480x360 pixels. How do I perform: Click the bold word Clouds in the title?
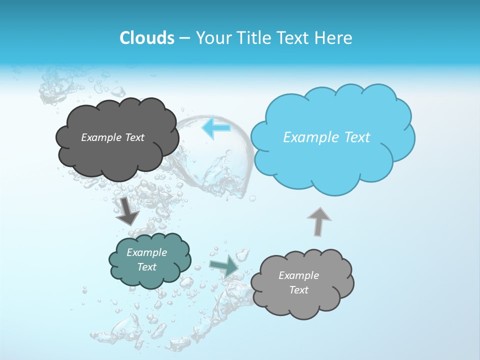pos(146,38)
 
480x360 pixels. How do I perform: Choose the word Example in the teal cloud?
pos(147,252)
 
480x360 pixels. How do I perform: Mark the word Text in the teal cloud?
pos(147,267)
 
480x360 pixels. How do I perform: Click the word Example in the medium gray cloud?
pos(298,275)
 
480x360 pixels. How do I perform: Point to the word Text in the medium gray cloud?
pos(298,290)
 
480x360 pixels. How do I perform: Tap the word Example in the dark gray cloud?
pos(99,137)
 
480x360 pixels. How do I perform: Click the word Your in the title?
pos(210,38)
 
